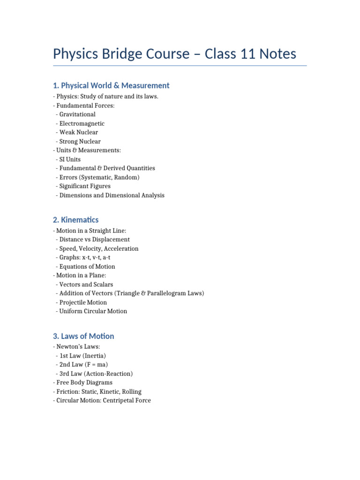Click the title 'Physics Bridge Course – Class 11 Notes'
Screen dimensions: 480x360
click(174, 53)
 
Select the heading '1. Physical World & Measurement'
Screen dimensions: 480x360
click(111, 85)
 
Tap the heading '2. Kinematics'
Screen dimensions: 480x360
click(76, 219)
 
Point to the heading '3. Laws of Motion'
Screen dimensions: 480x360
click(83, 336)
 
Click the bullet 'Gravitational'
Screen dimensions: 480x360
click(77, 114)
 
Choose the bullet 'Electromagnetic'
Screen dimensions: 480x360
click(82, 124)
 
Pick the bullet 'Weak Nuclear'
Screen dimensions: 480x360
click(79, 132)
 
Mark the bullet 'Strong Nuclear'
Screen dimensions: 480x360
click(80, 142)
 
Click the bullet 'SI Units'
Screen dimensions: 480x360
click(70, 159)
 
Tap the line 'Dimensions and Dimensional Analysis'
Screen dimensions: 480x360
click(112, 195)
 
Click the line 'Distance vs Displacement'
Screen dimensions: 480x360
click(95, 240)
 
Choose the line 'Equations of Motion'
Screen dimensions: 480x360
click(87, 267)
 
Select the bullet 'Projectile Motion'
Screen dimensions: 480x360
click(83, 302)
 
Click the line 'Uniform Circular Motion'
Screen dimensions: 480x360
click(93, 311)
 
